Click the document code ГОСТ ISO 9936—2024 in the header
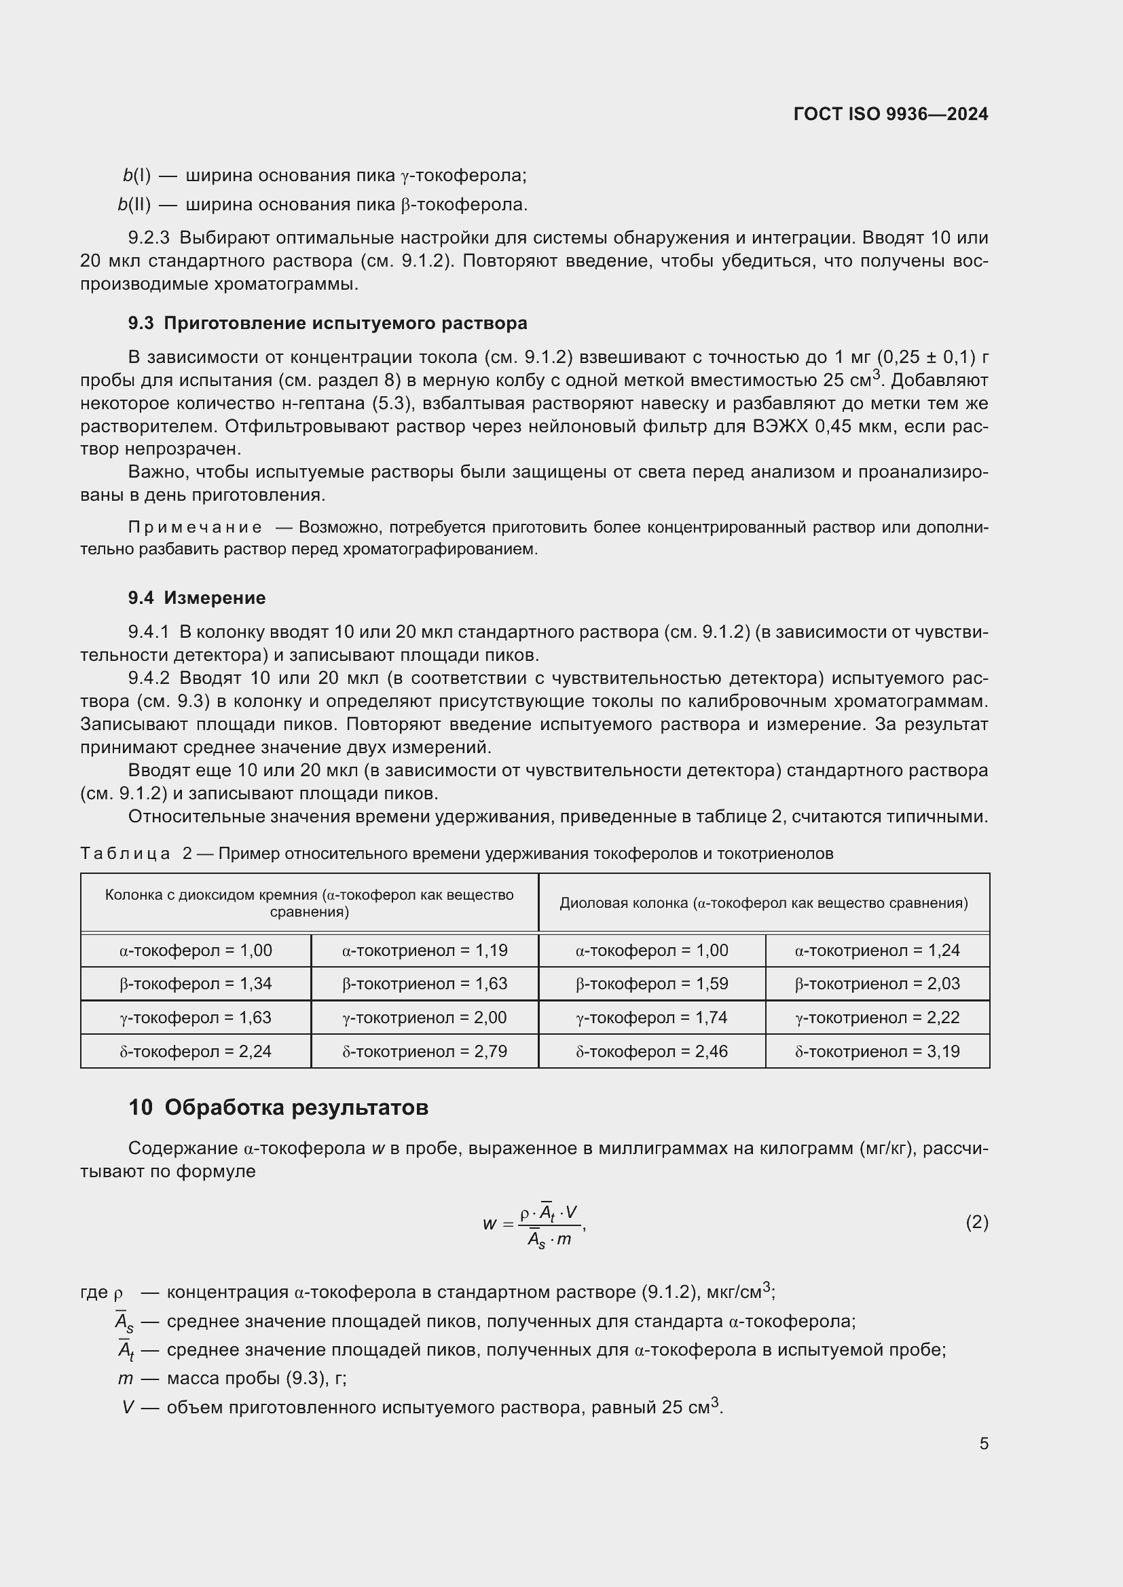click(891, 114)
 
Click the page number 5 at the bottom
click(983, 1443)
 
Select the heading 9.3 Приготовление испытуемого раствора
click(327, 323)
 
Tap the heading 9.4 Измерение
click(196, 598)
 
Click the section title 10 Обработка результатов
click(278, 1107)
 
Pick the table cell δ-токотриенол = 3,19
click(877, 1051)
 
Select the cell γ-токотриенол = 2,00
click(424, 1018)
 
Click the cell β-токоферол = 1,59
click(651, 984)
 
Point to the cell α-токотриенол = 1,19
click(424, 951)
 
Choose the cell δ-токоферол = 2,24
click(195, 1051)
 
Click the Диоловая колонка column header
click(763, 902)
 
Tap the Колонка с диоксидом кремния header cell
click(309, 902)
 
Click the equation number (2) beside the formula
click(976, 1223)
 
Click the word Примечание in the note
click(195, 527)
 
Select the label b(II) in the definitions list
click(134, 205)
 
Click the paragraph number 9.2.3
click(149, 237)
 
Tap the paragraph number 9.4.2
click(149, 678)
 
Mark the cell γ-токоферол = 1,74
click(651, 1018)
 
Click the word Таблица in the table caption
click(125, 854)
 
